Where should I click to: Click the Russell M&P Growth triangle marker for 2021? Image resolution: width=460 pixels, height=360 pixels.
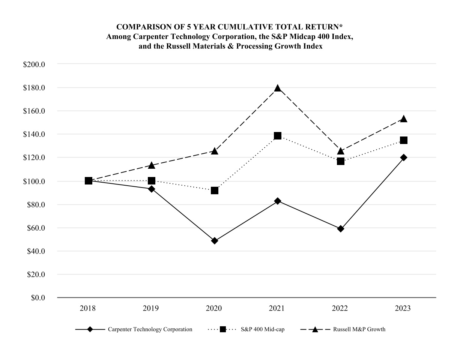coord(278,88)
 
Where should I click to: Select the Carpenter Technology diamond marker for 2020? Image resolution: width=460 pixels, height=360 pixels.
coord(215,241)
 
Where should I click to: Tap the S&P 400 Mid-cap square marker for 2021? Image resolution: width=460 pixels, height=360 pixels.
coord(278,136)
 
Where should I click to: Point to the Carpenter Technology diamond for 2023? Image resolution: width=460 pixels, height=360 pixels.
coord(404,157)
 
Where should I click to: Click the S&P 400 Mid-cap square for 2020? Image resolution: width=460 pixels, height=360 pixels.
coord(215,190)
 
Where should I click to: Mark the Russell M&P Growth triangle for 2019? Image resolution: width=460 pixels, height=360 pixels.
coord(152,165)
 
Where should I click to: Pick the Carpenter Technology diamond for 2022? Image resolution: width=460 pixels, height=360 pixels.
coord(341,229)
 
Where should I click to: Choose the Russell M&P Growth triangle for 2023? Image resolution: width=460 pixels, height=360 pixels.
coord(404,119)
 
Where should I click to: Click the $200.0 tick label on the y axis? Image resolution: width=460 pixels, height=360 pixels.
coord(34,64)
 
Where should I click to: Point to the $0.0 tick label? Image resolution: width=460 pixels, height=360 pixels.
coord(37,298)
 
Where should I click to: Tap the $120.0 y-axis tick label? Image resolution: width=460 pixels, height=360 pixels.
coord(34,158)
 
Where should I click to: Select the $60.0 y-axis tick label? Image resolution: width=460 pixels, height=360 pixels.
coord(36,228)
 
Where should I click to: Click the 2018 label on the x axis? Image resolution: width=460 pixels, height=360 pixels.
coord(88,309)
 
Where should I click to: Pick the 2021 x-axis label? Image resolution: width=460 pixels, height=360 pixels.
coord(277,309)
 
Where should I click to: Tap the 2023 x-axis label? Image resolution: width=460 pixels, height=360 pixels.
coord(403,309)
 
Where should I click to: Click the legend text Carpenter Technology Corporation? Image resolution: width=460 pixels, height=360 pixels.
coord(150,330)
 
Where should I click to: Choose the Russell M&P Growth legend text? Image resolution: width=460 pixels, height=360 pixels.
coord(359,330)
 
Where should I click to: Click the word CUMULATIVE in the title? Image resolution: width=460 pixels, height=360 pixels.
coord(241,27)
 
